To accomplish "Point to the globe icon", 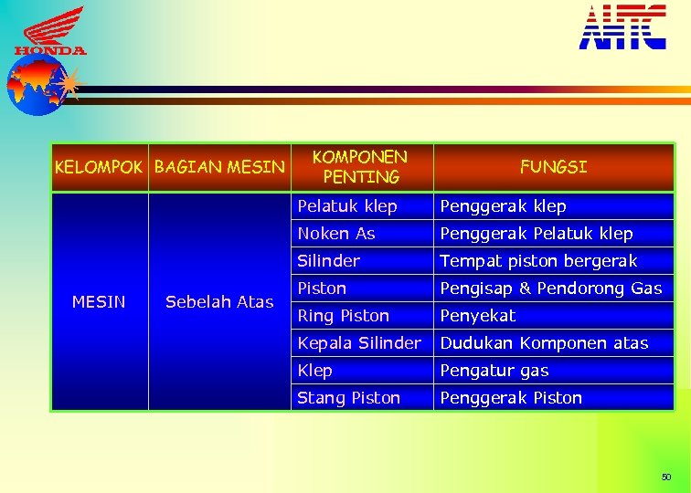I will click(33, 87).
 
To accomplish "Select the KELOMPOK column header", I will click(99, 167).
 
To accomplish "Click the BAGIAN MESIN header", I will click(219, 167).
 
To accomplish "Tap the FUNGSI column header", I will click(553, 167).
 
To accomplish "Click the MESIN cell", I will click(99, 301).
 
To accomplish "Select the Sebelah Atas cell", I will click(219, 301).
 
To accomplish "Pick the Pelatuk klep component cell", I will click(347, 206).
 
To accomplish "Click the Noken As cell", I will click(336, 234).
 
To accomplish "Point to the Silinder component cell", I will click(329, 261).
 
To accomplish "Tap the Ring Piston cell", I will click(344, 316).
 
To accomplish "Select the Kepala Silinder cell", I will click(359, 343).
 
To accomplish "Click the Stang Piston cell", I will click(349, 398).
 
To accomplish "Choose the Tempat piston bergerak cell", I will click(538, 261).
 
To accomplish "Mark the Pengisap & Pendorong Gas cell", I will click(550, 288).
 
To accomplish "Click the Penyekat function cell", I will click(478, 316).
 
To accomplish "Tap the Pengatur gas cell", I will click(494, 371).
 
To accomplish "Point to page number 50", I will click(666, 477).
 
